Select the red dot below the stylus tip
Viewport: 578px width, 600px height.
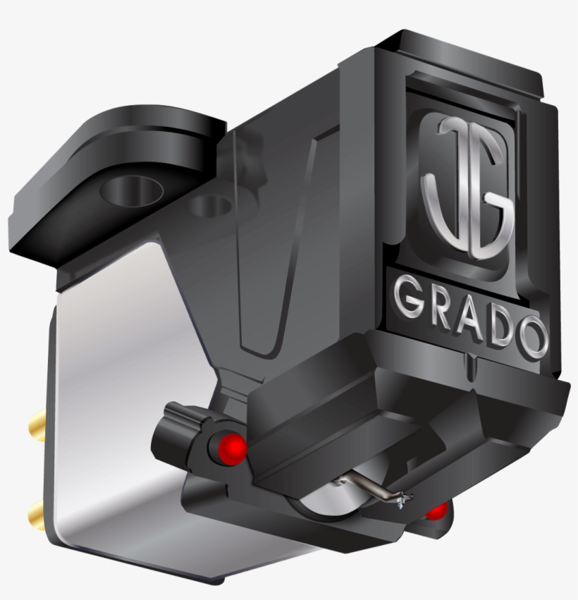point(436,510)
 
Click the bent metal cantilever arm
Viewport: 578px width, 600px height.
point(367,486)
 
